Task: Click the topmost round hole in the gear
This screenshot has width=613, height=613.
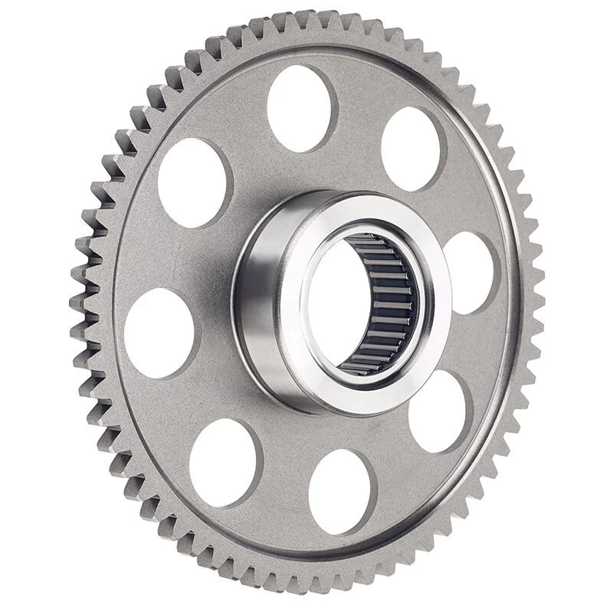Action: click(302, 108)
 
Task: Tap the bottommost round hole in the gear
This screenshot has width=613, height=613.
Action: click(342, 491)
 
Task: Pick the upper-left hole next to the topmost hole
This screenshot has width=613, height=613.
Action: click(195, 182)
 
